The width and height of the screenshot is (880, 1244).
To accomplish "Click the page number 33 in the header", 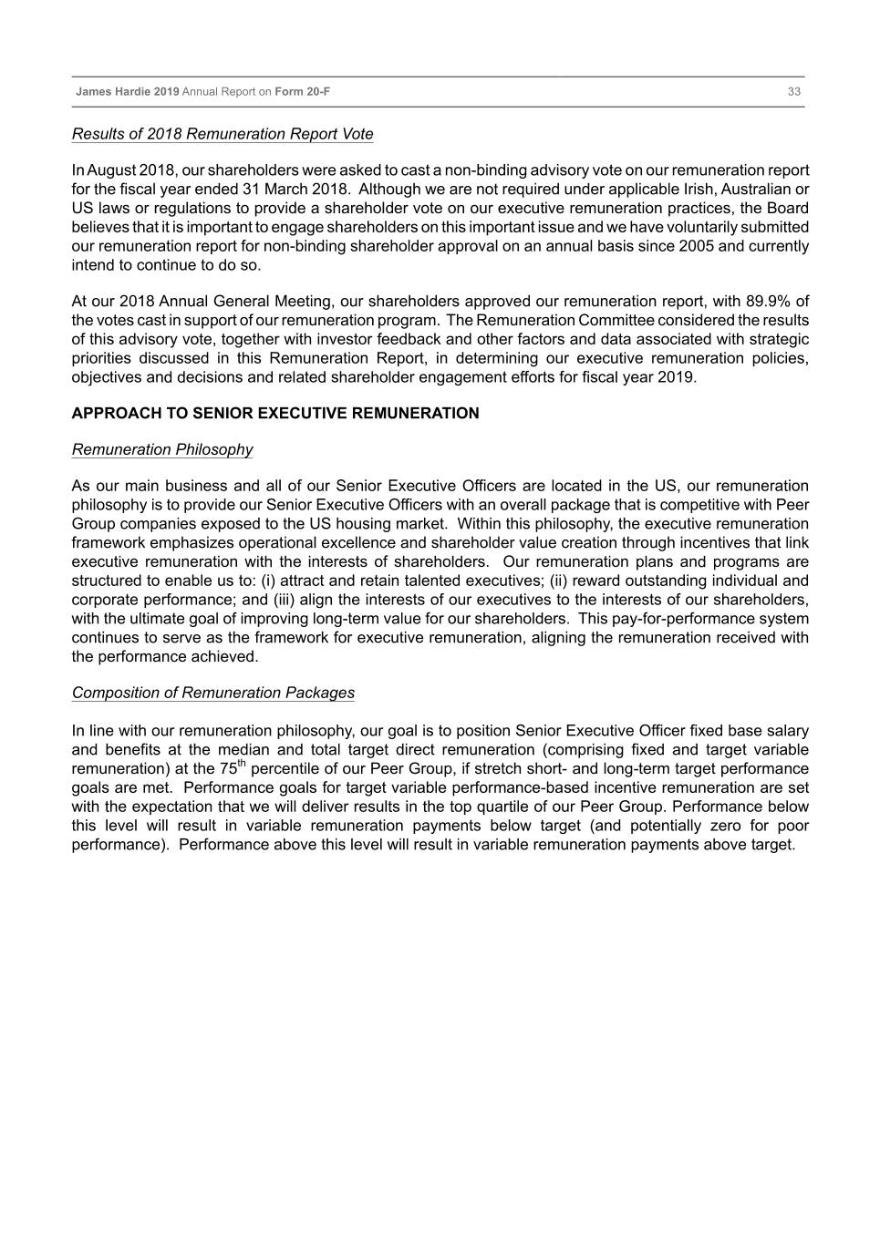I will point(794,92).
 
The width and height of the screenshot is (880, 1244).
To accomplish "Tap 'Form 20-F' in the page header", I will point(303,92).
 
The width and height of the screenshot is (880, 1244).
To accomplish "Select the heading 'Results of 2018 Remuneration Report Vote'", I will point(223,134).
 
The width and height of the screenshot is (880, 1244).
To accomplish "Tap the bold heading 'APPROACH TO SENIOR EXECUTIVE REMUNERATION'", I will point(275,414).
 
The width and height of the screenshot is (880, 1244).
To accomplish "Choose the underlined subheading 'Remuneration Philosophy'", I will point(162,449).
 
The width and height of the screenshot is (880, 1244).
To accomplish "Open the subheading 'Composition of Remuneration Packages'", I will point(213,693).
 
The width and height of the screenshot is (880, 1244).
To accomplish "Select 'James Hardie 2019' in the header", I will point(128,92).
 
